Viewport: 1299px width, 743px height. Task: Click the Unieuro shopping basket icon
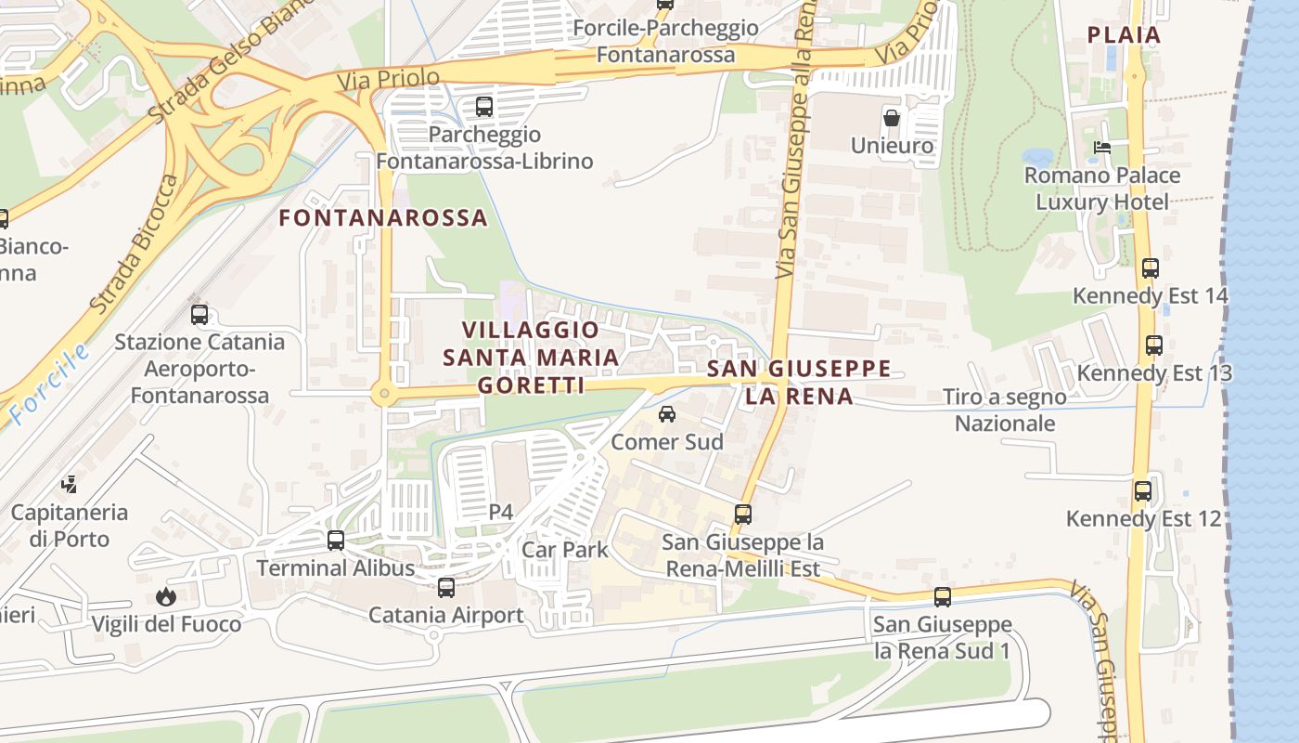click(x=892, y=118)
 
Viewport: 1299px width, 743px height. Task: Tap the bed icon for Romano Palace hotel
click(x=1101, y=148)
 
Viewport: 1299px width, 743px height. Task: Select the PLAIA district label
click(x=1124, y=35)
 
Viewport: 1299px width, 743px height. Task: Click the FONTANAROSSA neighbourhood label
click(x=383, y=218)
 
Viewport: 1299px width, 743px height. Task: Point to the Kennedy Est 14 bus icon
click(x=1151, y=268)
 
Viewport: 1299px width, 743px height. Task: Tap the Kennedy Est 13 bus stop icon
click(x=1154, y=345)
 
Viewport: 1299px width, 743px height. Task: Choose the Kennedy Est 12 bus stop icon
click(x=1143, y=490)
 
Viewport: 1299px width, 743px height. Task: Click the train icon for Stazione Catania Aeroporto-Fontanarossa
click(x=199, y=315)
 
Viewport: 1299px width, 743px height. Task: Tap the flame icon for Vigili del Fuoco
click(x=166, y=596)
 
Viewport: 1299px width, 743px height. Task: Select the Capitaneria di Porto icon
click(x=70, y=484)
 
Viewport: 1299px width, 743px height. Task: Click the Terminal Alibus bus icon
click(x=336, y=540)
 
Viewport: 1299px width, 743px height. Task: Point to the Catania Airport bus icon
click(x=446, y=587)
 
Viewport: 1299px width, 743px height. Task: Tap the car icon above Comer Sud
click(x=666, y=414)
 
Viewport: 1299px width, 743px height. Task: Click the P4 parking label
click(x=501, y=512)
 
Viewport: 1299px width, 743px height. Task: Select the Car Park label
click(x=565, y=550)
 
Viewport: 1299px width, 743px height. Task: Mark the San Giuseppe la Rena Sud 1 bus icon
click(x=943, y=596)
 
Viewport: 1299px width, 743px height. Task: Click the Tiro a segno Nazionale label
click(x=1005, y=411)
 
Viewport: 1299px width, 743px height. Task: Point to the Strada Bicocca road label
click(x=135, y=243)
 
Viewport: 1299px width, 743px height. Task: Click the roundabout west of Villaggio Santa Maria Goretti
click(x=383, y=395)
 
